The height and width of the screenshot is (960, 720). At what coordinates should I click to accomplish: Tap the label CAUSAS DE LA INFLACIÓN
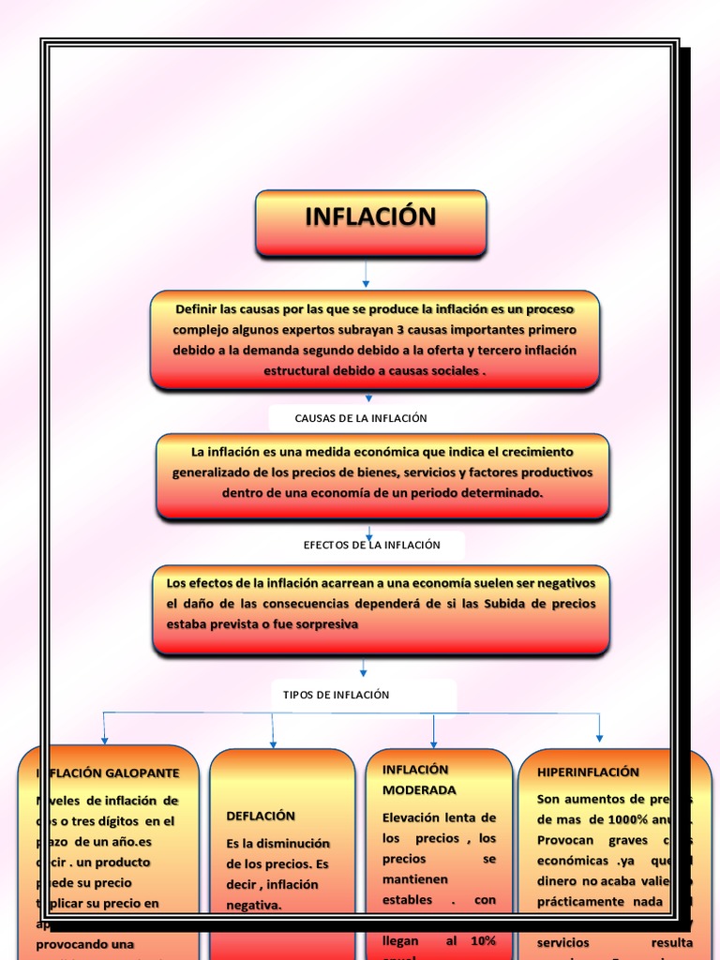tap(361, 418)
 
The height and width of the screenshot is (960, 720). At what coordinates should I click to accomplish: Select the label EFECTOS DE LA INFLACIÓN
tap(371, 545)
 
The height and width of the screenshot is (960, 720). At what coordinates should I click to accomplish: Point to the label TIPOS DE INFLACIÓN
tap(336, 695)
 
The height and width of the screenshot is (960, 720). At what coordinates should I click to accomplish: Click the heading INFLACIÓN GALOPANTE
tap(107, 773)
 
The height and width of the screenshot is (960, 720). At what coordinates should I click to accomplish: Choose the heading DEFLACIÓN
tap(261, 816)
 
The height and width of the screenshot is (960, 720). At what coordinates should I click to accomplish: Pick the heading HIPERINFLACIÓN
tap(588, 772)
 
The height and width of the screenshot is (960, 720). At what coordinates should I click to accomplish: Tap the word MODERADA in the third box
tap(419, 790)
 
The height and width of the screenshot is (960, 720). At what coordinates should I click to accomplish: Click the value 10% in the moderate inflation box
tap(483, 940)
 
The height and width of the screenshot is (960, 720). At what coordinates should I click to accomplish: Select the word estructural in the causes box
tap(293, 370)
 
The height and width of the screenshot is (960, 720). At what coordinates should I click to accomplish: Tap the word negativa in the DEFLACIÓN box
tap(254, 905)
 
